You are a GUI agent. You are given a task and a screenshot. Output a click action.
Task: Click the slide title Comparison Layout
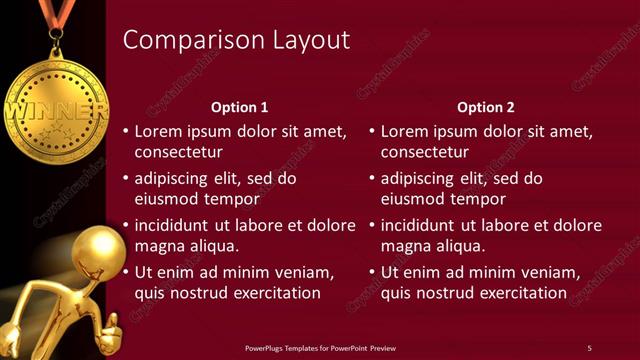click(x=236, y=40)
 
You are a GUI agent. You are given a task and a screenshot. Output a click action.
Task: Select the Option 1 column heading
click(x=240, y=107)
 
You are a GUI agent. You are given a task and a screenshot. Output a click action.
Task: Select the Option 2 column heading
click(x=486, y=107)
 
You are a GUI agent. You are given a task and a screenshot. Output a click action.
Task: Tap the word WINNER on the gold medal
click(x=56, y=107)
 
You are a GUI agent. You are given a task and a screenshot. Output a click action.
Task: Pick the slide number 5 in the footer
click(x=589, y=348)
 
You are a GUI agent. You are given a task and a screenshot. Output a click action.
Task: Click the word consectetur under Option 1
click(x=178, y=153)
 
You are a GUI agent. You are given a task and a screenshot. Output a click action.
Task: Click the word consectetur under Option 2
click(x=424, y=153)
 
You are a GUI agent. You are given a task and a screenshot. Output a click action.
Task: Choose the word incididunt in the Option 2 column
click(x=418, y=225)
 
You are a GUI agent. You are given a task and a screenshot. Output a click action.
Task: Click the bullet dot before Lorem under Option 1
click(x=124, y=132)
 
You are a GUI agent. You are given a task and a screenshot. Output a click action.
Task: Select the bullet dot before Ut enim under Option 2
click(x=370, y=273)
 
